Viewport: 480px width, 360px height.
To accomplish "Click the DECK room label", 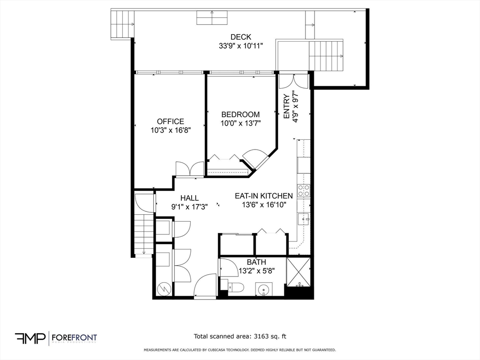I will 240,37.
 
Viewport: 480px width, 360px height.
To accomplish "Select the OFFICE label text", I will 170,121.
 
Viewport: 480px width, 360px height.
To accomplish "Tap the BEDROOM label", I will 240,114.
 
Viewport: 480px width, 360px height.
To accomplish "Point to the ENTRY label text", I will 287,106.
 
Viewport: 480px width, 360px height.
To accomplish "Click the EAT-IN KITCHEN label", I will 264,195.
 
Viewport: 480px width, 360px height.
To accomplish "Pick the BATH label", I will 256,262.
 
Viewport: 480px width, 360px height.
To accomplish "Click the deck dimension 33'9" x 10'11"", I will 240,46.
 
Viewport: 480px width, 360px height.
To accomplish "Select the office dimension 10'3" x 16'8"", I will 170,130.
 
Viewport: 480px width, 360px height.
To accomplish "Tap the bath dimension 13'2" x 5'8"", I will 256,270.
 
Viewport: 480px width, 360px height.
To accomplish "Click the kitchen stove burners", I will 304,190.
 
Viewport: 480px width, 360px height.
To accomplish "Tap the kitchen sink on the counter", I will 304,218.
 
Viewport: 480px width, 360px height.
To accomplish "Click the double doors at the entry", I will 293,81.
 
